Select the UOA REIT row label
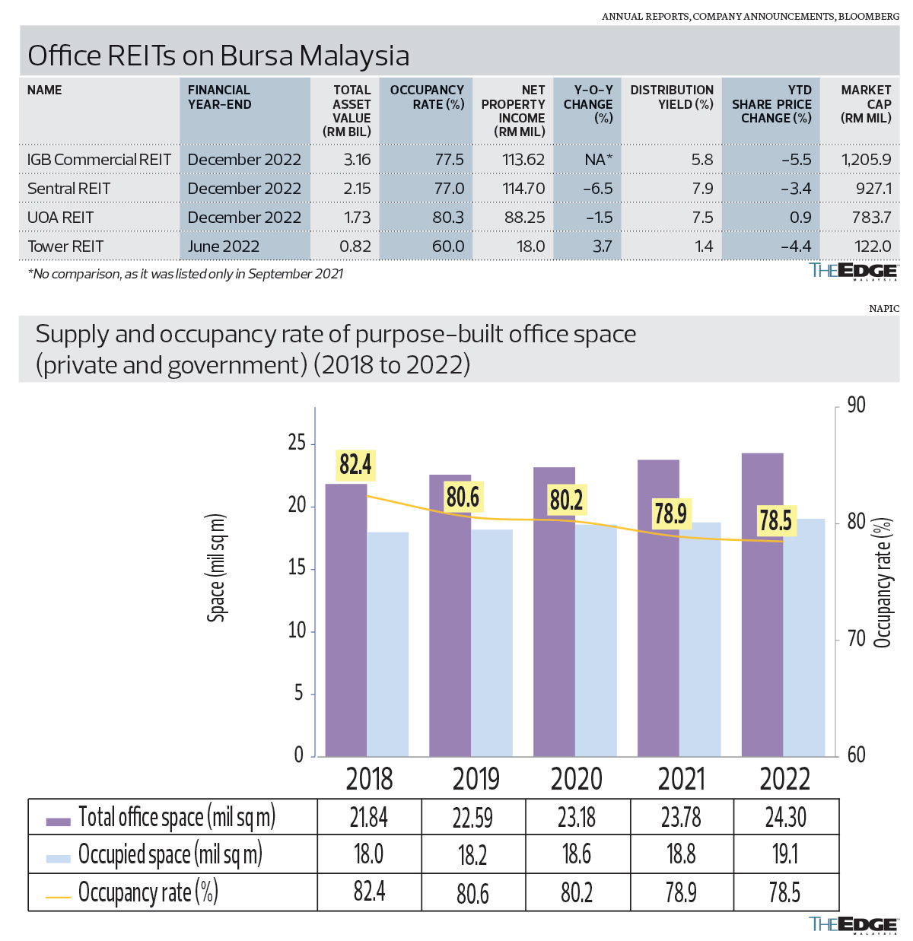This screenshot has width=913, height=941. pyautogui.click(x=61, y=218)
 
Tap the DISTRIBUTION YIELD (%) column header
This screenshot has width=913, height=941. pyautogui.click(x=671, y=97)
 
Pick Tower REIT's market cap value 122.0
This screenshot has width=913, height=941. pyautogui.click(x=872, y=246)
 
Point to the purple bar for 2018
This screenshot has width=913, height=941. pyautogui.click(x=346, y=620)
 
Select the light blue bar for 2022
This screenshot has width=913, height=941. pyautogui.click(x=804, y=637)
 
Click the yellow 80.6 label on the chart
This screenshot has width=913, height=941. pyautogui.click(x=463, y=497)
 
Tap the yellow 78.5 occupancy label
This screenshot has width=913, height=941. pyautogui.click(x=775, y=520)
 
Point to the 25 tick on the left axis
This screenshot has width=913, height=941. pyautogui.click(x=297, y=443)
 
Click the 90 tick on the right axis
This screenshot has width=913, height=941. pyautogui.click(x=857, y=405)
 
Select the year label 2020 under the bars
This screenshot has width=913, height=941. pyautogui.click(x=577, y=779)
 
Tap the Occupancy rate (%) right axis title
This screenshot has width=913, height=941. pyautogui.click(x=883, y=583)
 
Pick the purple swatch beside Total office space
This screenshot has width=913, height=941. pyautogui.click(x=59, y=822)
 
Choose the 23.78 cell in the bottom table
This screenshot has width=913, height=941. pyautogui.click(x=681, y=817)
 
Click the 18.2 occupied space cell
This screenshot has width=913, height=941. pyautogui.click(x=472, y=855)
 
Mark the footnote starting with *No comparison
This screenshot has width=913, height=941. pyautogui.click(x=185, y=274)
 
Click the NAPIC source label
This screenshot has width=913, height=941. pyautogui.click(x=883, y=309)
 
